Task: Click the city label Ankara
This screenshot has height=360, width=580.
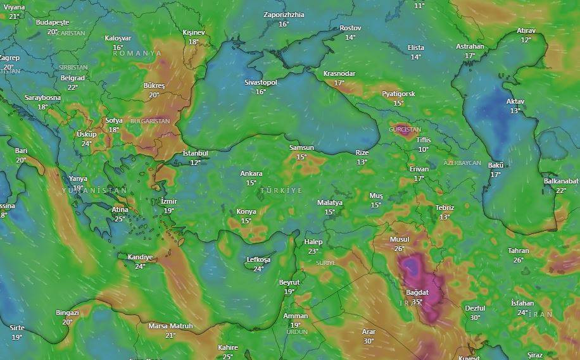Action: tap(251, 173)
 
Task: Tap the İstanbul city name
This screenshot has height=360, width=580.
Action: tap(195, 153)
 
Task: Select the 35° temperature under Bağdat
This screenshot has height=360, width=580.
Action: tap(417, 302)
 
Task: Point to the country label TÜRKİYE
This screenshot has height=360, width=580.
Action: tap(281, 190)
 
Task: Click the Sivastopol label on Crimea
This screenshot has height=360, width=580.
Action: tap(261, 82)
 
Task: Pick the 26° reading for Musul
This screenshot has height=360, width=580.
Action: tap(400, 249)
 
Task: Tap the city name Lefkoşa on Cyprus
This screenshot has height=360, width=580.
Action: tap(258, 260)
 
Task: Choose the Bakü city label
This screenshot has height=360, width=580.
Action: tap(495, 165)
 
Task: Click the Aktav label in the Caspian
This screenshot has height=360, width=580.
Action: tap(515, 101)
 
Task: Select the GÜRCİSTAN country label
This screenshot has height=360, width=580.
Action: tap(405, 129)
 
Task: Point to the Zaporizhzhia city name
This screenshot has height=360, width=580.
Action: tap(284, 15)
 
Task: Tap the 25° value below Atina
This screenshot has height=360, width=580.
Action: tap(119, 219)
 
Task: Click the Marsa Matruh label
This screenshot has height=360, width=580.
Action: tap(170, 326)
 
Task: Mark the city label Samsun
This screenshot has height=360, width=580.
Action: tap(301, 147)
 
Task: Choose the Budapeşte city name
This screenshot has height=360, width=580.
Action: tap(52, 22)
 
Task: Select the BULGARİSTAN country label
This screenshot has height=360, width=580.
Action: tap(150, 120)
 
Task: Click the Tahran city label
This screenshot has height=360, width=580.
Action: tap(518, 251)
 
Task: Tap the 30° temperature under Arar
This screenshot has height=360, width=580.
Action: tap(369, 341)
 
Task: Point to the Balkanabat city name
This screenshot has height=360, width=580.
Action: tap(561, 181)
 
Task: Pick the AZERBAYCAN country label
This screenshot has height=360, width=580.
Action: tap(462, 163)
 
